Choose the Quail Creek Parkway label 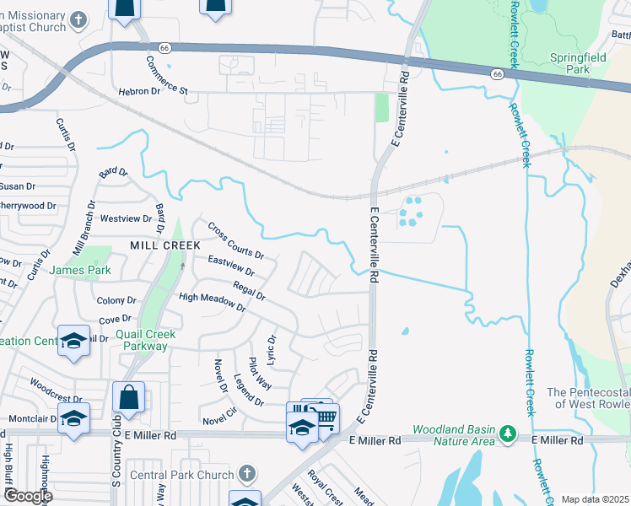tap(146, 340)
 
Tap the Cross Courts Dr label tap(236, 241)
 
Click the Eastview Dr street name tap(230, 266)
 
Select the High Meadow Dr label tap(212, 303)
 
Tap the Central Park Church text tap(182, 475)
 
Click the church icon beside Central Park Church tap(247, 474)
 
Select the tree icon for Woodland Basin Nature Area tap(508, 434)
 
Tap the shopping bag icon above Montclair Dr tap(128, 397)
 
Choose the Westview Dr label tap(126, 218)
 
